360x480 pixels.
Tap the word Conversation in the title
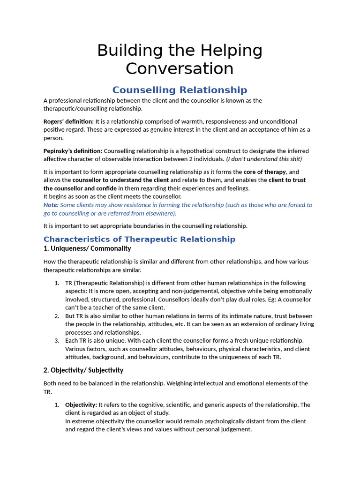point(180,68)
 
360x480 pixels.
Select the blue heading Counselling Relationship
point(180,90)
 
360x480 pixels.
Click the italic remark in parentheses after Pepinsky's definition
point(264,159)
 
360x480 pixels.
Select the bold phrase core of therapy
point(264,172)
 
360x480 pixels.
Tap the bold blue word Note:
point(51,205)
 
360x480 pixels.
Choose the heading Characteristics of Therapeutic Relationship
point(139,239)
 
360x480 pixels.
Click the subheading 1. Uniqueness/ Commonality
point(87,248)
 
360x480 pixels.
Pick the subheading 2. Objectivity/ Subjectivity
point(83,370)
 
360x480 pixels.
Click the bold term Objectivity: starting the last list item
point(81,405)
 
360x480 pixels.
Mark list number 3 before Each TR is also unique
point(56,340)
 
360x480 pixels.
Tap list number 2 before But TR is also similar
point(56,316)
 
